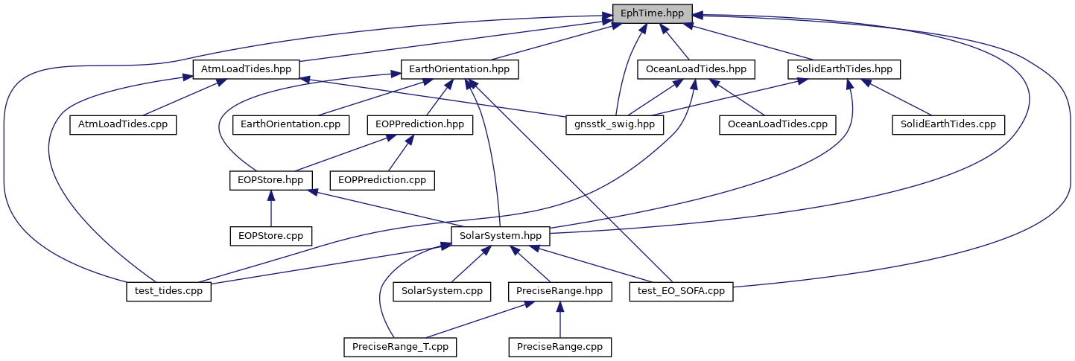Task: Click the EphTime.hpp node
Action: pos(653,13)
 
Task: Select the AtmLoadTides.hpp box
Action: pos(246,69)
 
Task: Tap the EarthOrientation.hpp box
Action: pos(460,69)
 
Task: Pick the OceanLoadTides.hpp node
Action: pos(696,69)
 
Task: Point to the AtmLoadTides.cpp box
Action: pos(123,124)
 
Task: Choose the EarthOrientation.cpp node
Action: pos(291,124)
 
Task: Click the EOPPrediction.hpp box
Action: pos(419,124)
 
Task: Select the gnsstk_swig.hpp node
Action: pos(615,124)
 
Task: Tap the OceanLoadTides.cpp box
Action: pos(776,124)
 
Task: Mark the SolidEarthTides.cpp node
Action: pos(948,124)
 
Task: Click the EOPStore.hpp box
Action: pos(270,180)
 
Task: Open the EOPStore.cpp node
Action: pos(270,236)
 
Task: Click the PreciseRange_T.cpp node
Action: pos(401,347)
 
